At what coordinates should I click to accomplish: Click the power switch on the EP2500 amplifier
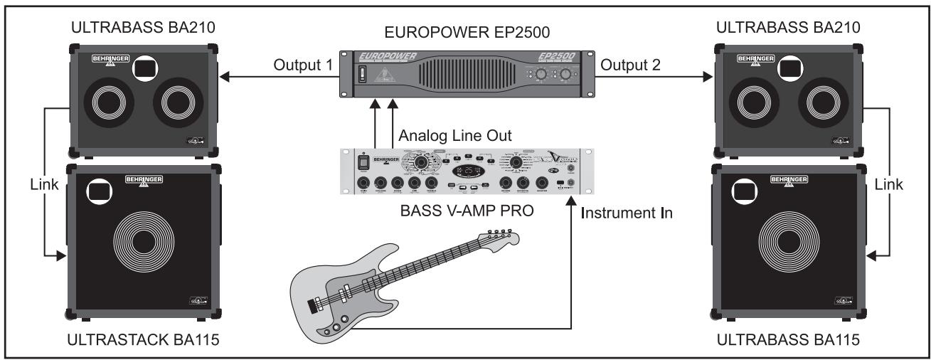point(361,75)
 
